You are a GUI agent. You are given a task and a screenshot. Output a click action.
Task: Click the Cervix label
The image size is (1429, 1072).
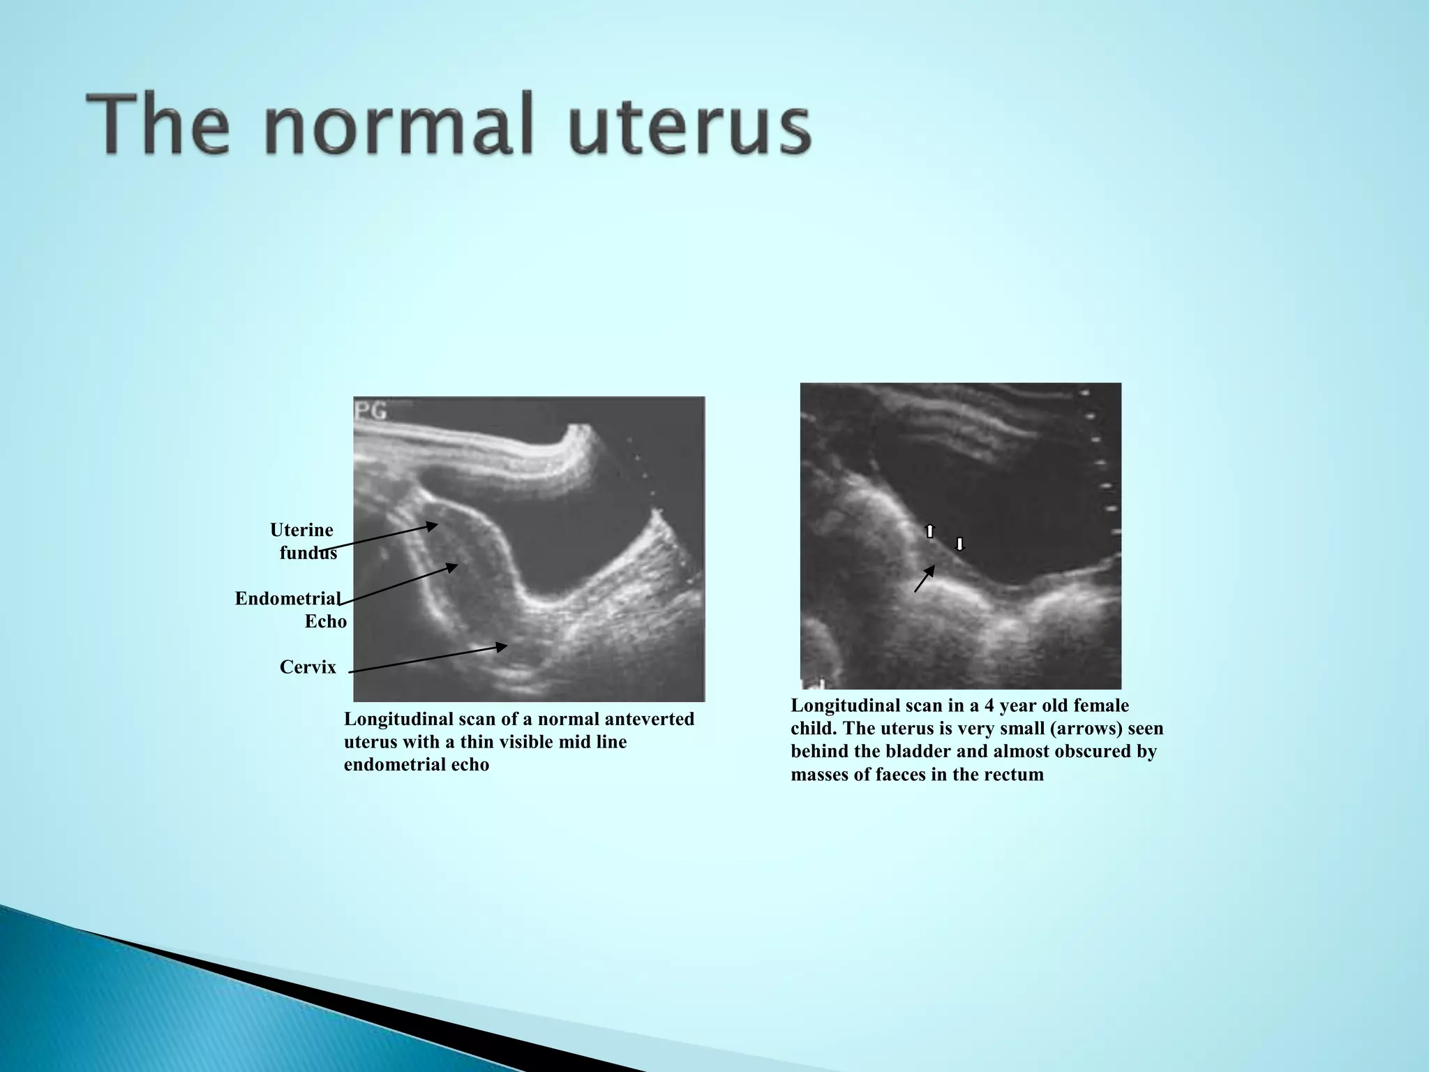tap(308, 667)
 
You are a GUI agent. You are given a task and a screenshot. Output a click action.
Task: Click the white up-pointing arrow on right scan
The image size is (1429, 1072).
tap(929, 531)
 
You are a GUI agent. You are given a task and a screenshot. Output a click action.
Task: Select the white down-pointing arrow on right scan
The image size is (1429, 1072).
tap(959, 544)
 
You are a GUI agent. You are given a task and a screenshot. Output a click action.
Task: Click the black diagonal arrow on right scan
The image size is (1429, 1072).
tap(925, 579)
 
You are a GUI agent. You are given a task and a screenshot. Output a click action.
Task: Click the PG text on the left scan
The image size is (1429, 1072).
tap(371, 411)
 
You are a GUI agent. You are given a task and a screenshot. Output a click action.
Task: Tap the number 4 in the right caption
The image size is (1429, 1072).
tap(986, 706)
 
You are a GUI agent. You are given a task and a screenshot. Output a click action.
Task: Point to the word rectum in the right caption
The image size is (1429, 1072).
tap(1015, 775)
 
